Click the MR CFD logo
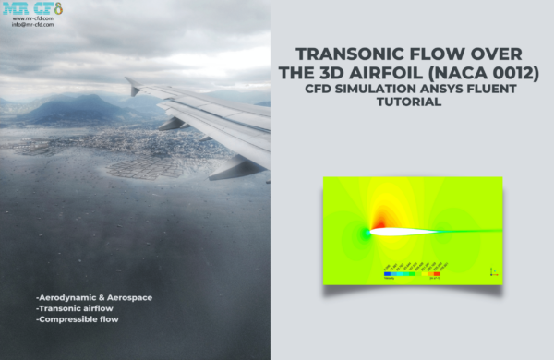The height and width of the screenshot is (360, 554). [32, 9]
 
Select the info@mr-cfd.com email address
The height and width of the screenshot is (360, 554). [32, 25]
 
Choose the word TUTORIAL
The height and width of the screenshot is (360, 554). [411, 102]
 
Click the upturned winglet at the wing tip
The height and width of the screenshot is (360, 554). [132, 86]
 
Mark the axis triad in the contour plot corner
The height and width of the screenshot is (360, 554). [492, 270]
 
